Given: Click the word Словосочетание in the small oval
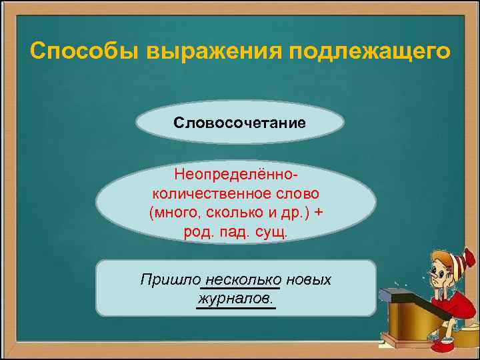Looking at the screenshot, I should (239, 123).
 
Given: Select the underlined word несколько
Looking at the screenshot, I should (244, 279).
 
